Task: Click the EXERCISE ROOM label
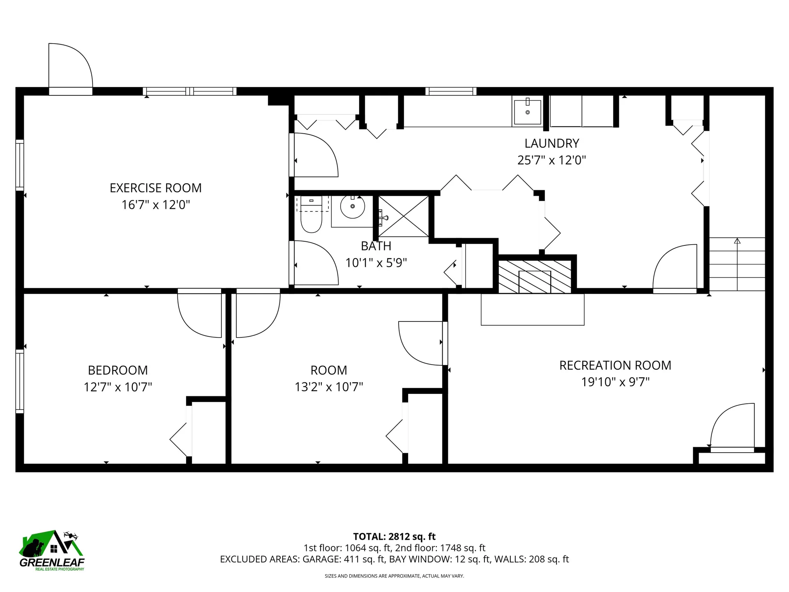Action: point(155,188)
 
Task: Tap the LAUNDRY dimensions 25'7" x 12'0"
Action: point(551,160)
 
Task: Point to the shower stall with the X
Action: point(404,216)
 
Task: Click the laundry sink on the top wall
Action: point(527,111)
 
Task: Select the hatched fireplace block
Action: point(535,277)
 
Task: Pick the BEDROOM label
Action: point(118,370)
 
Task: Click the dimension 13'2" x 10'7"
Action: point(329,387)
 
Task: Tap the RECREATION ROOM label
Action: point(615,365)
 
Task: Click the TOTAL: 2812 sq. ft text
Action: point(394,536)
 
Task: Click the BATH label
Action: point(376,246)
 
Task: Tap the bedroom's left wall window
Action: point(19,381)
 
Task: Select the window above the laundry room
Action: point(451,91)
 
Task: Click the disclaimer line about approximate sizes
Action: point(394,576)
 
